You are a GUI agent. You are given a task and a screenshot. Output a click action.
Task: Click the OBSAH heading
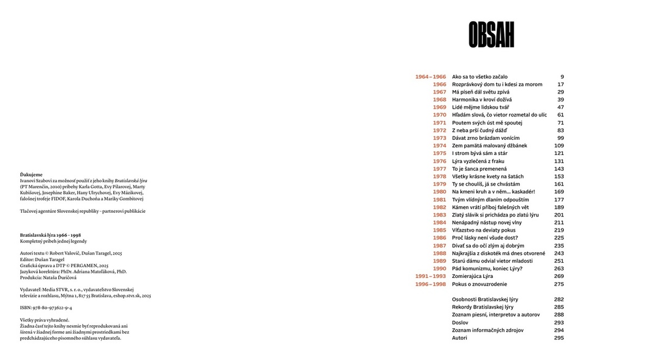point(491,35)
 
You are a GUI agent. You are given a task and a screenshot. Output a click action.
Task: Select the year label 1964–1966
point(430,77)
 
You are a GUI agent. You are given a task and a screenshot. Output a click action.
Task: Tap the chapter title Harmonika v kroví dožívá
point(482,100)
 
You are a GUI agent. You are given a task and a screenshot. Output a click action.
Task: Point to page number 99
point(560,138)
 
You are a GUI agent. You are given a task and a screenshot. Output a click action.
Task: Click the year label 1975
point(439,153)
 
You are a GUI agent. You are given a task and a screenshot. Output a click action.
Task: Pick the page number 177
point(559,200)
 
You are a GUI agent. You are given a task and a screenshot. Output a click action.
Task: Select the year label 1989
point(439,261)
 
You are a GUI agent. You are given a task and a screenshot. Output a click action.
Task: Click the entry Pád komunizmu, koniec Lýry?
point(487,269)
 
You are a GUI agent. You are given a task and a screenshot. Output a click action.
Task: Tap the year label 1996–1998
point(430,284)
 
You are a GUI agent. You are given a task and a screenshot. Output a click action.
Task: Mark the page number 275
point(559,284)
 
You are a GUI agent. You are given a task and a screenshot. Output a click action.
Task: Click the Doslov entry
point(460,322)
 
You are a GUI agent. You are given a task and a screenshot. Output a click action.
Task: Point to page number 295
point(559,338)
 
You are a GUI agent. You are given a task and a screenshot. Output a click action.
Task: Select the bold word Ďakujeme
point(31,175)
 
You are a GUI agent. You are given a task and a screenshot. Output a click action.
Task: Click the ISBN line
point(46,307)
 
